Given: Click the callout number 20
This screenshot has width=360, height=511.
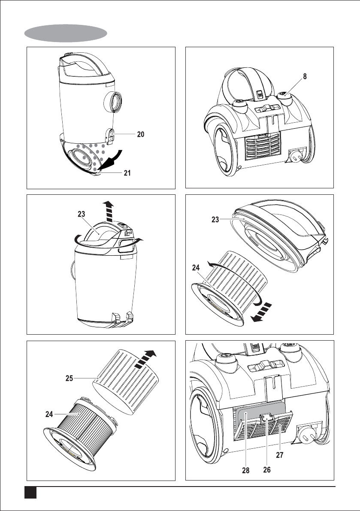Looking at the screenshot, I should (140, 134).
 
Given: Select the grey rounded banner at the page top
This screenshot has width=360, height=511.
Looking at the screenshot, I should (66, 32).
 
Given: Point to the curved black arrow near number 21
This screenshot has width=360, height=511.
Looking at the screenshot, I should (112, 160).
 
